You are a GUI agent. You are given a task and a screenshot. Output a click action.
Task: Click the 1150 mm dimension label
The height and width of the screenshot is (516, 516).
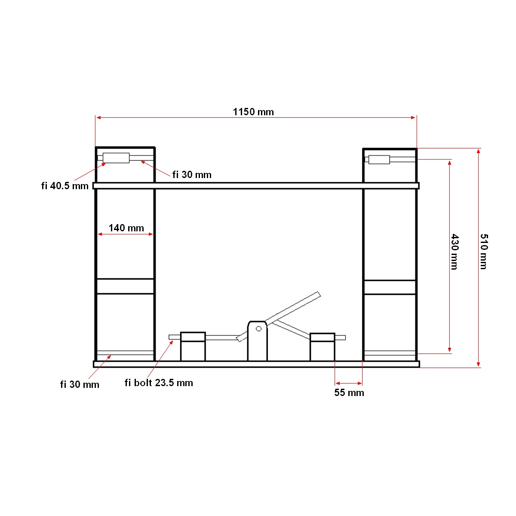[x=253, y=112]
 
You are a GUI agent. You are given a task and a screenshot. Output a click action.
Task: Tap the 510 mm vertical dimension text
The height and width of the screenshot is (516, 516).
[x=483, y=252]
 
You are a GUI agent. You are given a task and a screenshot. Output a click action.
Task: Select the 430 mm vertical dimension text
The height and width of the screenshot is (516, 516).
[x=455, y=252]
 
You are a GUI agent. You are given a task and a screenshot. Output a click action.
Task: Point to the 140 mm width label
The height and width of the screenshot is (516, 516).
[x=126, y=228]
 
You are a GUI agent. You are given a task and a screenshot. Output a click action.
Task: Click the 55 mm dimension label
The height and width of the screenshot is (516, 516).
[x=349, y=393]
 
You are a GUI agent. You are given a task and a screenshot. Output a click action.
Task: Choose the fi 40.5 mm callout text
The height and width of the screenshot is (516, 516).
[x=65, y=186]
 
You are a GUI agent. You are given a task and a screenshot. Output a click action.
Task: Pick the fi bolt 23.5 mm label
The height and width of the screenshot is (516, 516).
[x=159, y=383]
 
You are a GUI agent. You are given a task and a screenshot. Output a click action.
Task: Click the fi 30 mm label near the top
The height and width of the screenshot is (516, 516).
[x=192, y=175]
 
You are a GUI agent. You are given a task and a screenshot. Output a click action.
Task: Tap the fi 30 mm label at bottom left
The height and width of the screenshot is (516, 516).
[x=80, y=384]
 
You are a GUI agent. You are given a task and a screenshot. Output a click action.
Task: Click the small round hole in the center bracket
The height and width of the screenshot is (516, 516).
[x=258, y=329]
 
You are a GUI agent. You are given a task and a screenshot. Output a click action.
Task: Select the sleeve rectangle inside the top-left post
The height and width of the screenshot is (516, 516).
[x=116, y=158]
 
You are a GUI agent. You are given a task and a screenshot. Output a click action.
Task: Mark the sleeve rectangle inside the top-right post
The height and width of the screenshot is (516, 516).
[x=379, y=160]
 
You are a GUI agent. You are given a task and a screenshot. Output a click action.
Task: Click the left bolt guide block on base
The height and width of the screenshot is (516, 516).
[x=193, y=347]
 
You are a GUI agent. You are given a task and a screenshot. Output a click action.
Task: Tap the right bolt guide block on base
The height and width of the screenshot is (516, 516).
[x=322, y=347]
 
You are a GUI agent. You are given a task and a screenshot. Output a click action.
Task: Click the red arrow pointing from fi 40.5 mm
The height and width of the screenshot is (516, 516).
[x=90, y=172]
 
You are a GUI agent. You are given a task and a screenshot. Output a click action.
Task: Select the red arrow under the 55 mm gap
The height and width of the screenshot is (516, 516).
[x=349, y=383]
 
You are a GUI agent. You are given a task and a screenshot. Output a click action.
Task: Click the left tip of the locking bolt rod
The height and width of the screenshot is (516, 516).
[x=171, y=337]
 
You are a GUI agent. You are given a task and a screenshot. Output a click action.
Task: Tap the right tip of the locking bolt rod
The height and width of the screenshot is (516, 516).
[x=344, y=338]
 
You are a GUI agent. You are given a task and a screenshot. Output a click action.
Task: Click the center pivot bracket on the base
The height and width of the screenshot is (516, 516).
[x=257, y=342]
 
